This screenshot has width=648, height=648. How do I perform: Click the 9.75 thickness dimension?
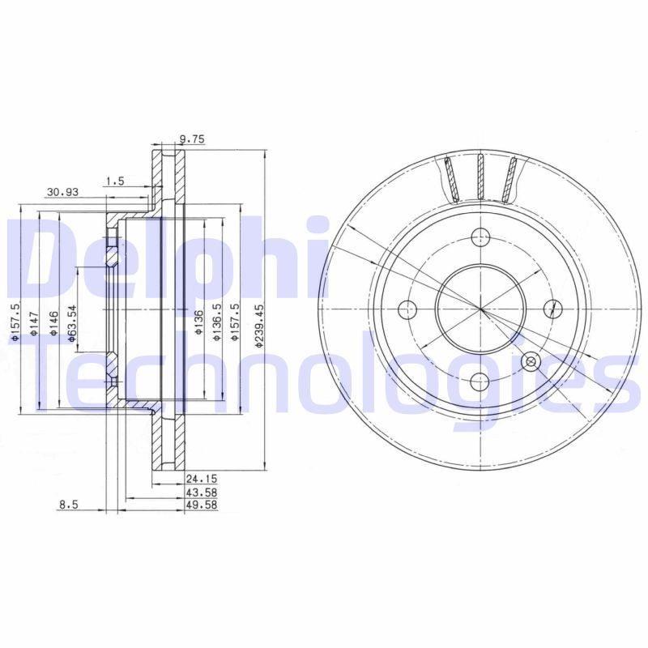point(192,139)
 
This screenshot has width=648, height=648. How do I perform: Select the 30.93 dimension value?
point(62,192)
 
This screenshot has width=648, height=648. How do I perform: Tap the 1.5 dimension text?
point(114,181)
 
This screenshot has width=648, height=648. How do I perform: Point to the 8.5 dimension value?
point(68,505)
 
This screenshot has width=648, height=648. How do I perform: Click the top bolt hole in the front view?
point(481,237)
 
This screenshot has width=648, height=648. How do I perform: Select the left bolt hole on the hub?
point(408,309)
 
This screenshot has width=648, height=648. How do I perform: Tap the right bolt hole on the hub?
point(553,307)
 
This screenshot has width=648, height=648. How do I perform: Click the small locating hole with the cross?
point(532,361)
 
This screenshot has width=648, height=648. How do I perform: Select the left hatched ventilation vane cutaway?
point(451,179)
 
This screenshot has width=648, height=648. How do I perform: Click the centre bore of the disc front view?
point(480,309)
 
